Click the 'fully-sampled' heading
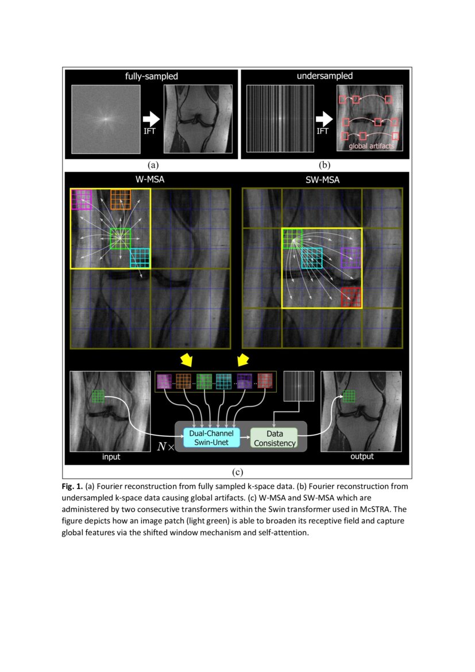click(x=152, y=76)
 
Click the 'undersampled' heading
click(x=325, y=76)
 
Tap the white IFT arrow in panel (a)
click(x=152, y=119)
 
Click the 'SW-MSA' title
click(x=323, y=180)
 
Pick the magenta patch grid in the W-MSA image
click(x=82, y=199)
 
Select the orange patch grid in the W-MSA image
click(x=121, y=199)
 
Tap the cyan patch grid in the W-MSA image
click(x=140, y=258)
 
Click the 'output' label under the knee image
click(x=361, y=457)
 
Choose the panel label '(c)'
click(x=237, y=472)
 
